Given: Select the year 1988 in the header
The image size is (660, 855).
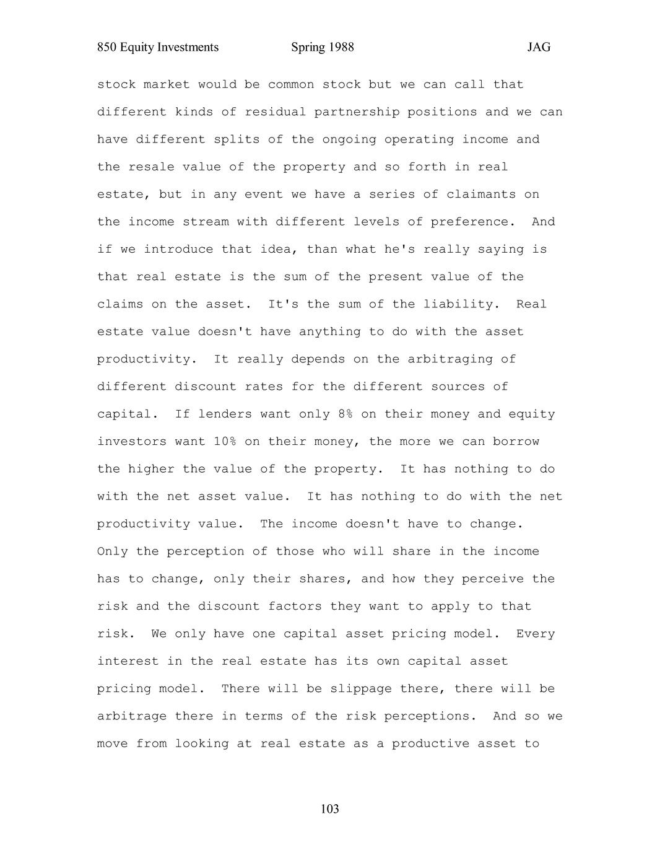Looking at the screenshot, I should click(341, 48).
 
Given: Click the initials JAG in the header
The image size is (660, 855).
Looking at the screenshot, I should click(539, 48).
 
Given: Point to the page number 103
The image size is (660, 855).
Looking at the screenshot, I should click(330, 809).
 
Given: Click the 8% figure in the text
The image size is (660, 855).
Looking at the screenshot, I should click(345, 414).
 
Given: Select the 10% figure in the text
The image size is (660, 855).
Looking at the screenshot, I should click(225, 442).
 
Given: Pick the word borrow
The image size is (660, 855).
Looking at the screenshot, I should click(516, 442).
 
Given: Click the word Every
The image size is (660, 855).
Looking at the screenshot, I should click(535, 634).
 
